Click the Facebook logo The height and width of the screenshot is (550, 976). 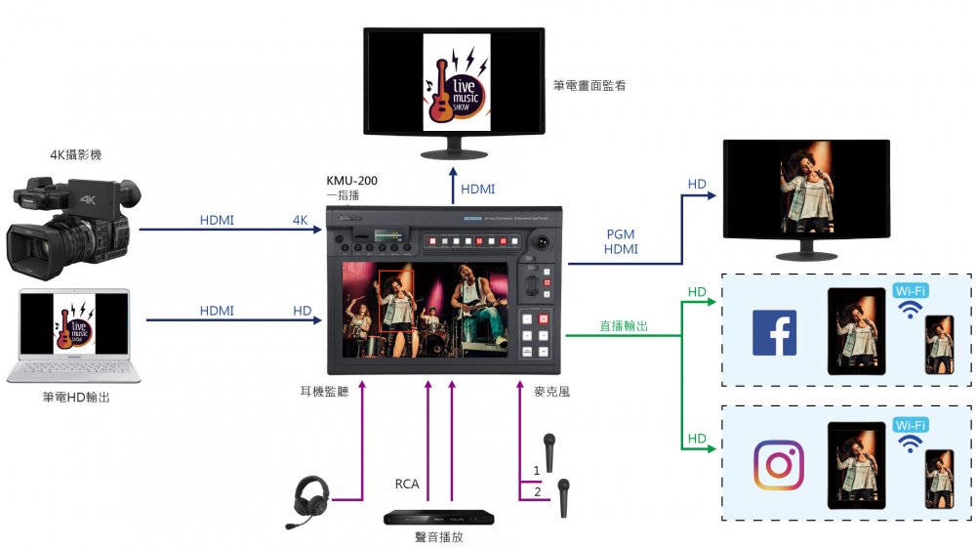774,332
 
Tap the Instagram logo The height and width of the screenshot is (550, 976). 778,465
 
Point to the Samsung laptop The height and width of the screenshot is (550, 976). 74,336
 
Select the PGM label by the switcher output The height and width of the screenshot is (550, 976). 622,233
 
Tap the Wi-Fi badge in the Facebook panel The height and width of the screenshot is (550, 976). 910,291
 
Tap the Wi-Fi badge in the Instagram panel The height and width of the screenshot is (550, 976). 910,425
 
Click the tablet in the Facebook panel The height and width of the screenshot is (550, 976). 855,332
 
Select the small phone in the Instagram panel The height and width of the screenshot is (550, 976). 939,478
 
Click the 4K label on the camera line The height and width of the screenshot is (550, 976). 300,220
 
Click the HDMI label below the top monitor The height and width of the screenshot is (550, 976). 477,189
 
